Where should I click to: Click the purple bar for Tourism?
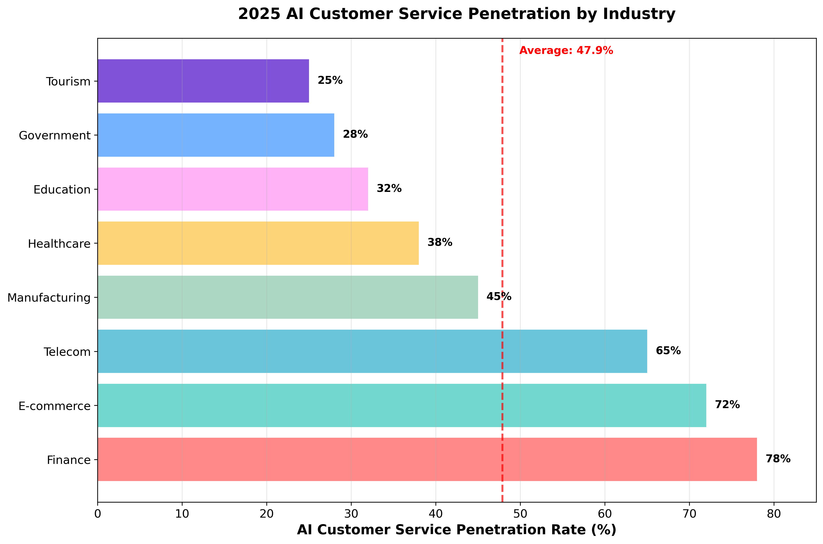click(x=203, y=81)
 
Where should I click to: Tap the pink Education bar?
click(x=233, y=189)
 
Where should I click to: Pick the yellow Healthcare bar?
click(x=258, y=243)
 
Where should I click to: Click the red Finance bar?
click(x=427, y=459)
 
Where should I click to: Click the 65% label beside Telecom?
click(x=668, y=351)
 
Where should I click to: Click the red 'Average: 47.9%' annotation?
click(x=566, y=51)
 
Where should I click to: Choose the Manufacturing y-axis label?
click(x=49, y=298)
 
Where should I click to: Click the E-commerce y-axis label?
click(x=54, y=406)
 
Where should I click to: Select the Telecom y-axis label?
click(x=67, y=352)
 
